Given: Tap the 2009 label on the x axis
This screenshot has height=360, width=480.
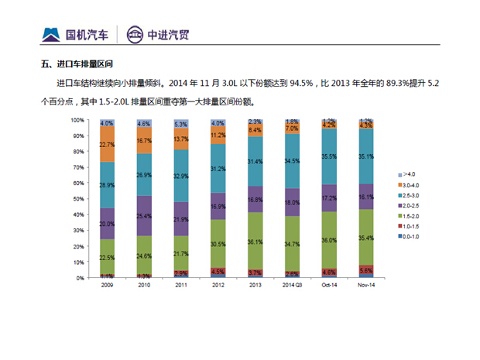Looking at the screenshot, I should coord(107,285).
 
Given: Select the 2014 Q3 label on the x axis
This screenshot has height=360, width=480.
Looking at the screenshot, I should coord(293,285).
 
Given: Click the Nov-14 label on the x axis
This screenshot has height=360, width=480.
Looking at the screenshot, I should coord(366,285).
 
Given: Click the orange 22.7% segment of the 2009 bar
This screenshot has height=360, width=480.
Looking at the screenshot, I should coord(107,145).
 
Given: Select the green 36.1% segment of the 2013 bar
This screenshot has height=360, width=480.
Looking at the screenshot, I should coord(255,242).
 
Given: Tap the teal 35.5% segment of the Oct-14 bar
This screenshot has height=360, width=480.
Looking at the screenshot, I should coord(329,156).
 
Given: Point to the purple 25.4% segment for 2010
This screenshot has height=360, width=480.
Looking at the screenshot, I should coord(144,216).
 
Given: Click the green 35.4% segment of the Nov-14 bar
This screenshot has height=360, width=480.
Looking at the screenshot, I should coord(366,238).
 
